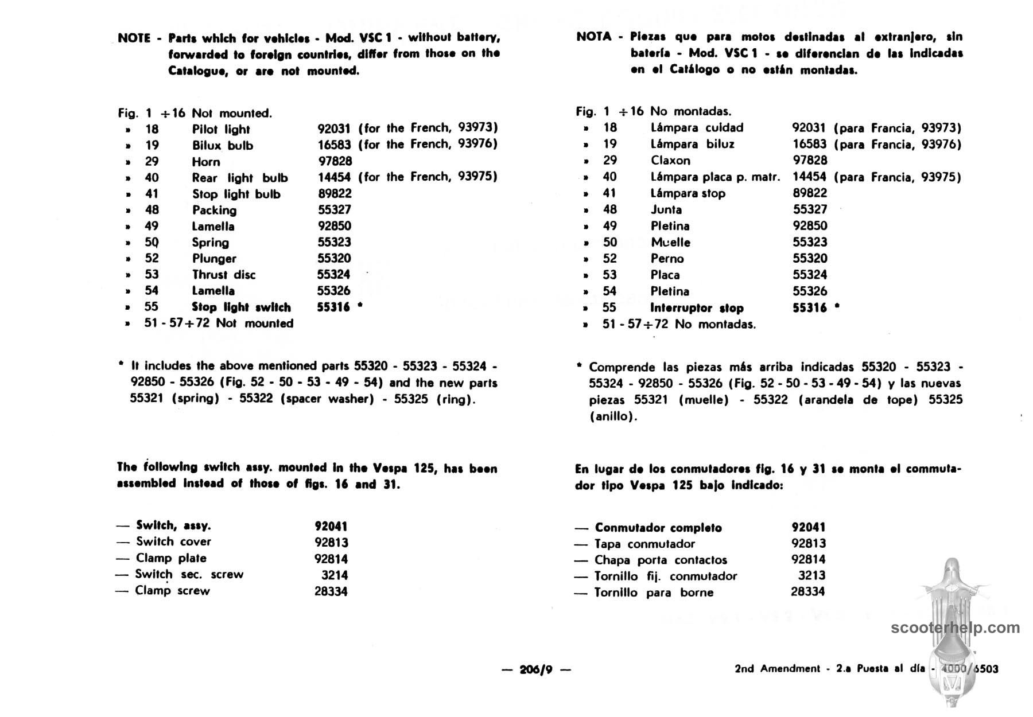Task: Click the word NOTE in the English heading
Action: tap(134, 38)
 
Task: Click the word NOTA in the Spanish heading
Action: tap(594, 37)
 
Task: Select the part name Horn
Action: tap(206, 162)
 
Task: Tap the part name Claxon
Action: tap(670, 161)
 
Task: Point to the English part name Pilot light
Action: tap(221, 130)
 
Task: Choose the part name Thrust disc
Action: tap(224, 275)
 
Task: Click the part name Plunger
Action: tap(214, 259)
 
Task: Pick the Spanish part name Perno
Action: tap(667, 259)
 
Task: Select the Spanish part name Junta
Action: tap(666, 210)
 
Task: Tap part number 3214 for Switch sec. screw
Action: tap(335, 575)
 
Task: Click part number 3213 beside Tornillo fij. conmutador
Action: tap(811, 575)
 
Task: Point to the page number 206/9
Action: tap(535, 669)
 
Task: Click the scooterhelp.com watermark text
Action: tap(955, 628)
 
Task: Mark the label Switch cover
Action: tap(173, 541)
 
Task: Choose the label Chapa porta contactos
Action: tap(661, 560)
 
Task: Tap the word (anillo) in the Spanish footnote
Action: tap(613, 416)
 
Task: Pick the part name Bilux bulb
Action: tap(223, 146)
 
